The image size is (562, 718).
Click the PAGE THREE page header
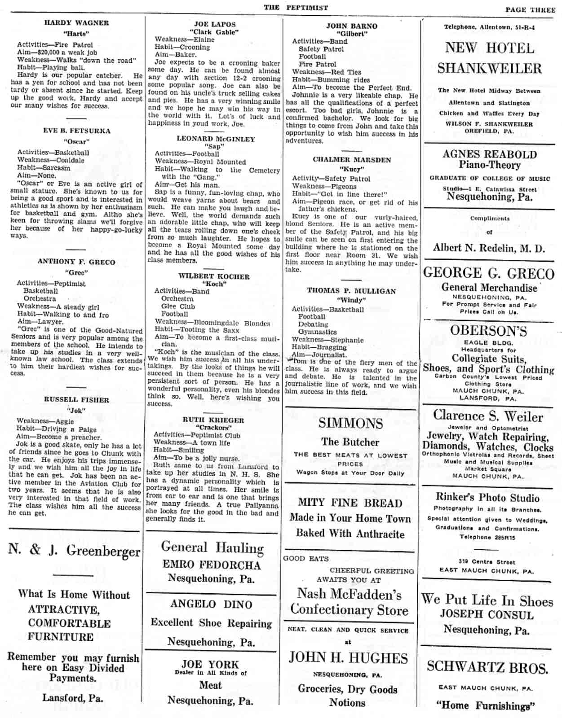pos(530,10)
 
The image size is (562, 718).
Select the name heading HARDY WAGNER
pos(76,23)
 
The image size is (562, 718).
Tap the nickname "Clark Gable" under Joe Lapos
pos(214,32)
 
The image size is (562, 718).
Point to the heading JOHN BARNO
pos(352,26)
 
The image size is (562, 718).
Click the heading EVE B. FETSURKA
pos(76,131)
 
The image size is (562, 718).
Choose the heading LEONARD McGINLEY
pos(216,139)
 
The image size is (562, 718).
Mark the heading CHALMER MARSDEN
pos(352,160)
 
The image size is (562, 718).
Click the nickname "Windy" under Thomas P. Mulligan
pos(351,300)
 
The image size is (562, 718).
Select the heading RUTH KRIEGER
pos(213,420)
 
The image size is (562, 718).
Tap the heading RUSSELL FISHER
pos(76,399)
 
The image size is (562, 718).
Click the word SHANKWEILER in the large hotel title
pos(489,69)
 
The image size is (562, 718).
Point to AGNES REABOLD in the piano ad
pos(489,154)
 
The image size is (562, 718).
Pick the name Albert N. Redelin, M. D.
pos(489,248)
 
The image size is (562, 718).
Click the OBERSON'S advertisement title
pos(488,331)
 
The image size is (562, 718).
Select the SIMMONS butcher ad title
pos(351,423)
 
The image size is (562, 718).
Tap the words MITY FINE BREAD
pos(350,503)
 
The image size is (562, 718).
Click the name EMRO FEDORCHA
pos(212,565)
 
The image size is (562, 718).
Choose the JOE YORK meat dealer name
pos(210,664)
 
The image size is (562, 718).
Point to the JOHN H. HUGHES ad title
pos(348,658)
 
